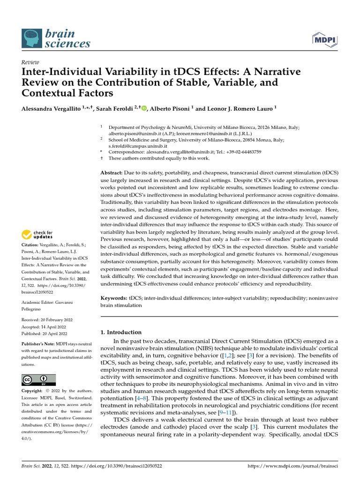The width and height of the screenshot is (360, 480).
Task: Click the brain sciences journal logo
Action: click(56, 38)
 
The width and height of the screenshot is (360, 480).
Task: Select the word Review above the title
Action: click(30, 62)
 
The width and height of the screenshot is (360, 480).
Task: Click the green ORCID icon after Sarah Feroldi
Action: click(143, 108)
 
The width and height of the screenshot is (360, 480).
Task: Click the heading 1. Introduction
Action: click(121, 332)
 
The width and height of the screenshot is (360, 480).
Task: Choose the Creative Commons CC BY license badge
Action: click(39, 380)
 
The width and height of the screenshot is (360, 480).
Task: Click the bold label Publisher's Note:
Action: click(38, 344)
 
